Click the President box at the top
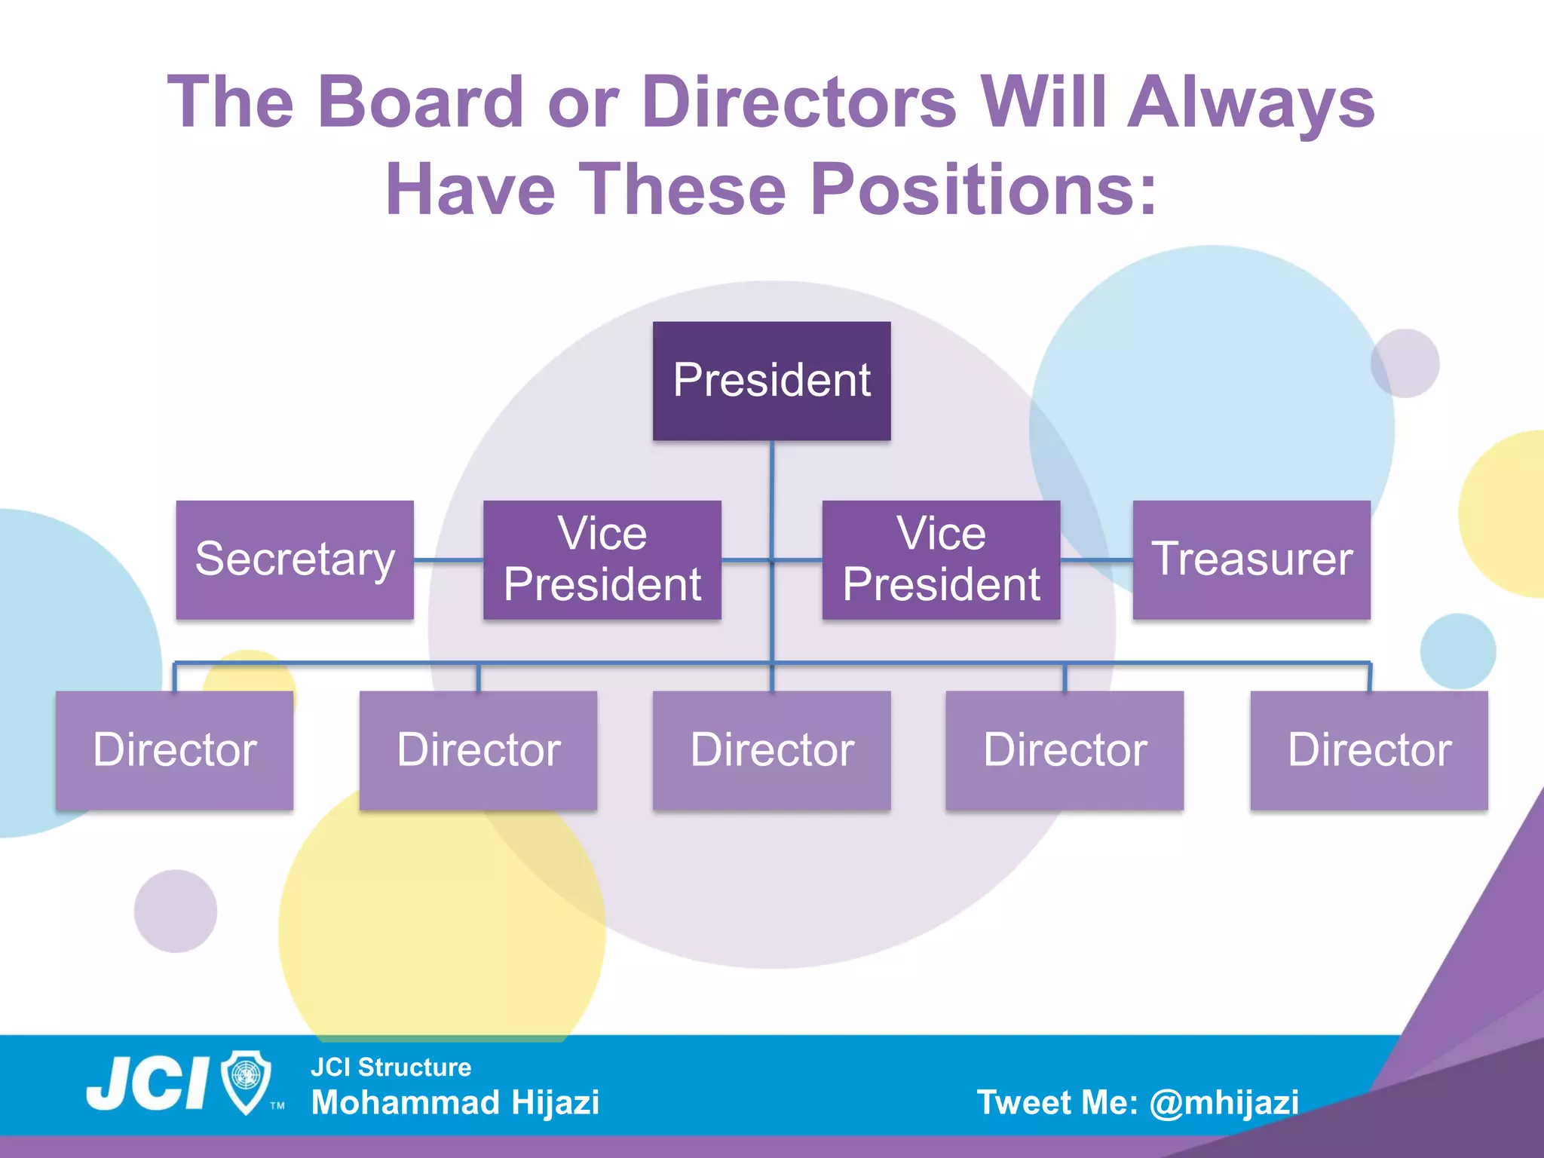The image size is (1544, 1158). point(771,381)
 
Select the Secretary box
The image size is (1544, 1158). point(295,559)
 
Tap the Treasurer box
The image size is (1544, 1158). point(1251,559)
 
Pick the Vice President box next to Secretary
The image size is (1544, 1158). point(602,559)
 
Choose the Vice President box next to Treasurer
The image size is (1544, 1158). point(941,559)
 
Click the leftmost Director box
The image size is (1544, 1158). point(174,750)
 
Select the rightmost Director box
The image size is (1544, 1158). point(1369,750)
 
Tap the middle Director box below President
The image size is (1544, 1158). point(771,750)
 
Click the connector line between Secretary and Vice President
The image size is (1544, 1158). point(449,560)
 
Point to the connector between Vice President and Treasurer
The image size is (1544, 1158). point(1096,560)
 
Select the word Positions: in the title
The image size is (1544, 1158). point(983,189)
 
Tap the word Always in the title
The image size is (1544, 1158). point(1251,103)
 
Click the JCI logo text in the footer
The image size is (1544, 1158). point(148,1083)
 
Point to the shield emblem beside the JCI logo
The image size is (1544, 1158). point(247,1081)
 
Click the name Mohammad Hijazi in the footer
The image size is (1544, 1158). point(455,1102)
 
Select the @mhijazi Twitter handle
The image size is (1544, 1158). point(1224,1102)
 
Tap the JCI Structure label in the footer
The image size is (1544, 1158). point(391,1067)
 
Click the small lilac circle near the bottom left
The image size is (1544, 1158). point(176,911)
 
